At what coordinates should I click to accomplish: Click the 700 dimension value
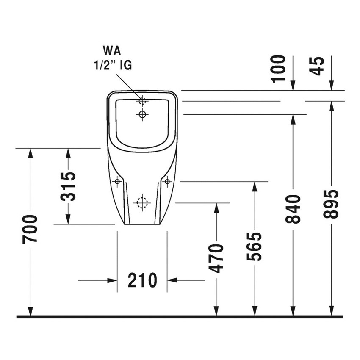(30, 229)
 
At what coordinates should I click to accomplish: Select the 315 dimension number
(68, 186)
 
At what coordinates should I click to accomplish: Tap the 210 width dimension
(142, 280)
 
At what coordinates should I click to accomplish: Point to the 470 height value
(216, 258)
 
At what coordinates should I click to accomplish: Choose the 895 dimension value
(331, 204)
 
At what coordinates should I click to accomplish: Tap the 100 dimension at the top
(279, 69)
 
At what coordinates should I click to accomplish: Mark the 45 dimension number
(317, 66)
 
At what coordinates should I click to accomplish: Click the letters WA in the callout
(112, 52)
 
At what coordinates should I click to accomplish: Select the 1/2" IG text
(112, 65)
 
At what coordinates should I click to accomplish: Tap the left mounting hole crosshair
(117, 182)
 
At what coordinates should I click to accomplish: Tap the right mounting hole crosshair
(167, 182)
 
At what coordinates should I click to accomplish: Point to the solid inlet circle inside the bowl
(142, 114)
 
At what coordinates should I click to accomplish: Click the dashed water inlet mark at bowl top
(142, 101)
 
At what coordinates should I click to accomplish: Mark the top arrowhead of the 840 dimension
(293, 119)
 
